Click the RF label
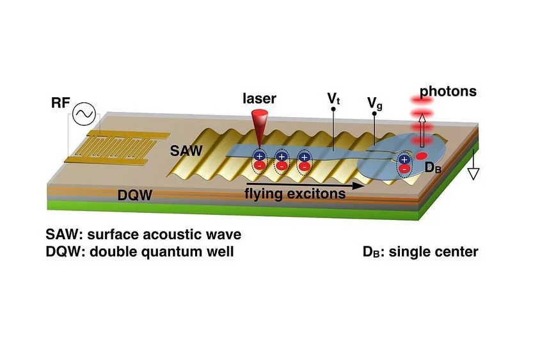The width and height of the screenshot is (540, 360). point(61,102)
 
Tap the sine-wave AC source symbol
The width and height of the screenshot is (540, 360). point(84,114)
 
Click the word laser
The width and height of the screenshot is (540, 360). point(259,98)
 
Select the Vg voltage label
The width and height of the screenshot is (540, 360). point(375,103)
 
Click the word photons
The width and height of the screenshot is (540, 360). point(448,91)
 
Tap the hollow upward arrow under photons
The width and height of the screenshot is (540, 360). point(422,130)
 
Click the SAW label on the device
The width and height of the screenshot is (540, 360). point(186,151)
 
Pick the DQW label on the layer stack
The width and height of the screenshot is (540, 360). point(134,195)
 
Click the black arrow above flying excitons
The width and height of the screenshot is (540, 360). point(305,186)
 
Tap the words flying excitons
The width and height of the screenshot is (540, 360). point(295,194)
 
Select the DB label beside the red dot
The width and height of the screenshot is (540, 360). point(433,168)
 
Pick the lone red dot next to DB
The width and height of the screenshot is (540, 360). point(421,156)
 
